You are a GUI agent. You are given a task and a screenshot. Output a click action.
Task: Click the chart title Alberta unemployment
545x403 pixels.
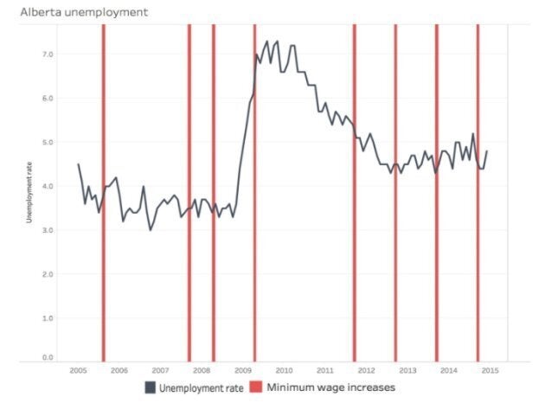[78, 12]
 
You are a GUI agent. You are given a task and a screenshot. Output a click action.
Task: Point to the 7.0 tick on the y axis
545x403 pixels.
[48, 54]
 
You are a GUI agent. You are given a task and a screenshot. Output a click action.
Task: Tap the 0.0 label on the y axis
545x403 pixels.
[48, 356]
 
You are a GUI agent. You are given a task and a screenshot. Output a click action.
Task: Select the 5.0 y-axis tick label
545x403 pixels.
[48, 142]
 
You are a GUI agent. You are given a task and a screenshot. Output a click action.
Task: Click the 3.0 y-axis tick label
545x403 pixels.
[48, 230]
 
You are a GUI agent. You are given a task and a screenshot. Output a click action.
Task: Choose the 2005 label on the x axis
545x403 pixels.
[77, 370]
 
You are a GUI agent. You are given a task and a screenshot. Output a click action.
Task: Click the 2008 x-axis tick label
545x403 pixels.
[201, 370]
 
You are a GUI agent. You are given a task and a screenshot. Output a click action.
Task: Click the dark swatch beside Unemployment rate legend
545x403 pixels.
[150, 387]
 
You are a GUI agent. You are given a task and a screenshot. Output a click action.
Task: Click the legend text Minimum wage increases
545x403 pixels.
[330, 387]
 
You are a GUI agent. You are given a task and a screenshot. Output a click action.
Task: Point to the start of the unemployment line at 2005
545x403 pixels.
[78, 163]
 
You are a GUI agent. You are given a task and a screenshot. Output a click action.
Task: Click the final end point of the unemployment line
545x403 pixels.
[487, 150]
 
